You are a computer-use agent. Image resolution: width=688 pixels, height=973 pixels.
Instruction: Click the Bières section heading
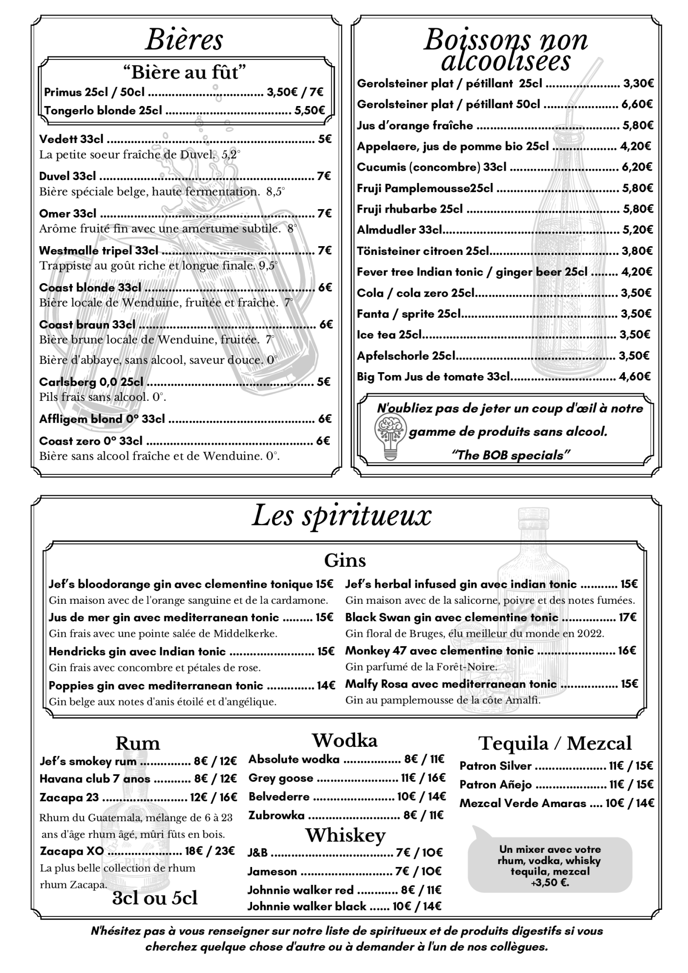point(184,40)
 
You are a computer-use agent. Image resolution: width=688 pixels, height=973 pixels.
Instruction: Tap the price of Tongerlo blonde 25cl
point(309,110)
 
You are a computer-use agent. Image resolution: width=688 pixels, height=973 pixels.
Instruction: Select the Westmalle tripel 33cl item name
point(99,251)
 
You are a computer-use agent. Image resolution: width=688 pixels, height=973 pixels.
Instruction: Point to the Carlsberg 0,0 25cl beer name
point(91,382)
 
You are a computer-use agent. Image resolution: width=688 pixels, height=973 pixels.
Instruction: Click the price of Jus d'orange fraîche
point(637,126)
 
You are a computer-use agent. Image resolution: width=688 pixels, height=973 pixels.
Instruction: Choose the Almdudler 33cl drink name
point(399,230)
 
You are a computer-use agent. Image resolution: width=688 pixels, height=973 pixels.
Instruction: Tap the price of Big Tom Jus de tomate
point(634,377)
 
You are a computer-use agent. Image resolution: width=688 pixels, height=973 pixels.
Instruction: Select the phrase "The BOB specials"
point(510,455)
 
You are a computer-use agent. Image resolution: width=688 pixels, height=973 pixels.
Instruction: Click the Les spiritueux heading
point(342,516)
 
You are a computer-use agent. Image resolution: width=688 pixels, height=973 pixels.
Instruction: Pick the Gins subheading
point(344,560)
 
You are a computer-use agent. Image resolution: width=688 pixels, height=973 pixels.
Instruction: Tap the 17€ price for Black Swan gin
point(628,617)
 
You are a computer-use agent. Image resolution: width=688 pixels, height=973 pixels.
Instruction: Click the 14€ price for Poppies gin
point(326,685)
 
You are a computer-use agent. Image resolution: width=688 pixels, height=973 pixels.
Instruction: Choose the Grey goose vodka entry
point(281,778)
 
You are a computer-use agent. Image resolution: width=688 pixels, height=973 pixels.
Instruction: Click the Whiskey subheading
point(345,835)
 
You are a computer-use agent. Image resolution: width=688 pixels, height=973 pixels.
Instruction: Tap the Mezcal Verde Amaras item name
point(523,803)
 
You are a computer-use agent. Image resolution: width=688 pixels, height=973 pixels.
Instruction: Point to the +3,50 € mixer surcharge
point(550,883)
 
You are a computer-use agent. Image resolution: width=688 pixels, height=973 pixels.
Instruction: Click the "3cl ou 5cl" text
point(155,898)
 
